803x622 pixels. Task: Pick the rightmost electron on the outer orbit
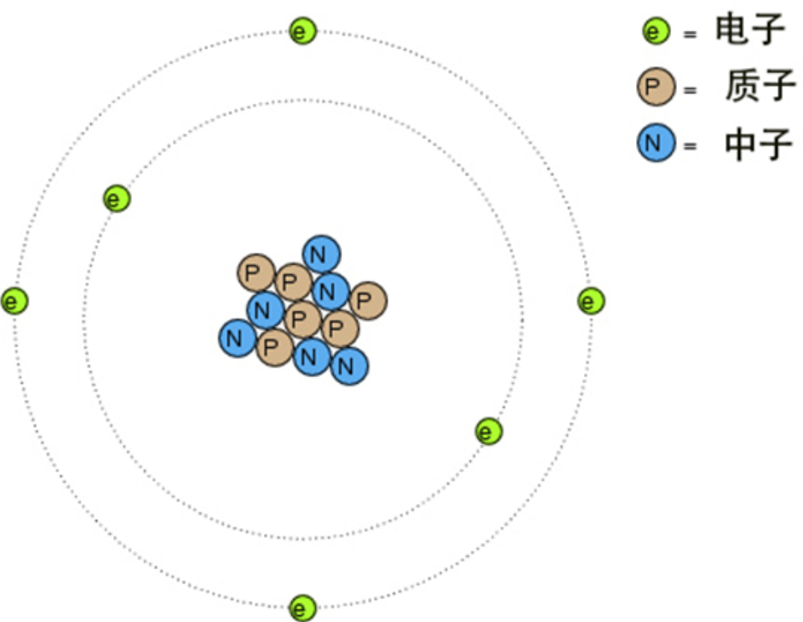(x=591, y=301)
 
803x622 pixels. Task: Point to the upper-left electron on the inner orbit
(x=117, y=199)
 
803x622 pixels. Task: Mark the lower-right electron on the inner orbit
(x=488, y=431)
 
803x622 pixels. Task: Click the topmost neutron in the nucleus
(x=321, y=254)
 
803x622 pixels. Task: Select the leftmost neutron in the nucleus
(x=238, y=339)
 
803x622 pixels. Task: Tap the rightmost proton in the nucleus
(x=367, y=300)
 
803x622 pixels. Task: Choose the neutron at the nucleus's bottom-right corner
(x=348, y=367)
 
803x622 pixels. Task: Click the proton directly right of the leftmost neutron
(x=274, y=347)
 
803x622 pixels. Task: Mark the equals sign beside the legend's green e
(x=689, y=35)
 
